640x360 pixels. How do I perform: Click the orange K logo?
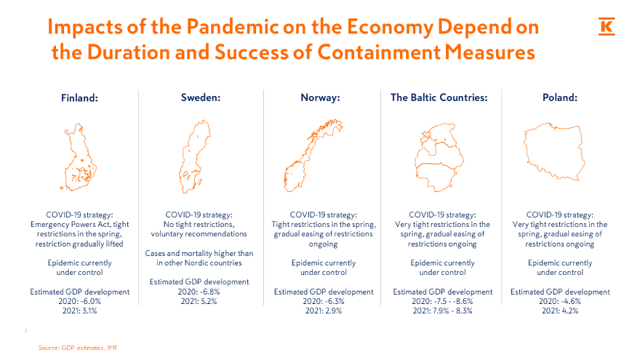click(x=607, y=27)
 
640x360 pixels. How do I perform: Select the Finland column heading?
click(x=79, y=98)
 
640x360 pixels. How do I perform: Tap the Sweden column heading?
click(x=201, y=97)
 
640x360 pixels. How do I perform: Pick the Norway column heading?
click(x=321, y=97)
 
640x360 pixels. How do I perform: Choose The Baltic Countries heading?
click(x=439, y=97)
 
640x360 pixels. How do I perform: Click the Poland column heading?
click(x=560, y=97)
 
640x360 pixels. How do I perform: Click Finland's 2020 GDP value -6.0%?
click(x=89, y=301)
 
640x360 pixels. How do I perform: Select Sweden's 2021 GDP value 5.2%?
click(x=209, y=301)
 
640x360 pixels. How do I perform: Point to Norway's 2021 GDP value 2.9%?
click(x=333, y=311)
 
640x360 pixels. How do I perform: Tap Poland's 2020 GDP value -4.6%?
click(x=569, y=301)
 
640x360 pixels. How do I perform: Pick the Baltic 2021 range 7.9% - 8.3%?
click(x=454, y=311)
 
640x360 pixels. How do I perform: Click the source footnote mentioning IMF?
click(x=78, y=348)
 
